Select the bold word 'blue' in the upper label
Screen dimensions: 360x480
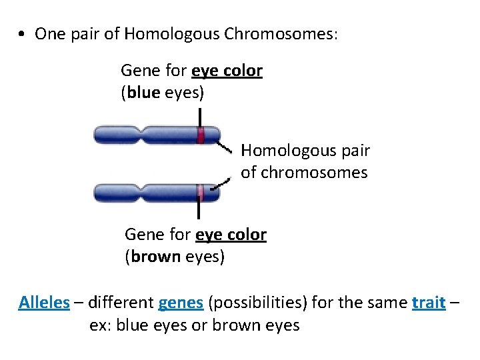143,93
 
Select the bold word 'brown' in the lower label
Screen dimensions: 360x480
156,257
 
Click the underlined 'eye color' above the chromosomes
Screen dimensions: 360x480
227,71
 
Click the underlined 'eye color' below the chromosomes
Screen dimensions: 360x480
231,235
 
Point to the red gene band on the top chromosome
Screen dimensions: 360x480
200,135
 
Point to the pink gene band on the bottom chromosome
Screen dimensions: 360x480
199,193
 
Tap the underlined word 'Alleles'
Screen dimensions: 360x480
44,303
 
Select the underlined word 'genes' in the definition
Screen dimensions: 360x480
181,303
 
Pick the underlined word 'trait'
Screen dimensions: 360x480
429,303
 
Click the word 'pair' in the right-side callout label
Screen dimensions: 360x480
353,151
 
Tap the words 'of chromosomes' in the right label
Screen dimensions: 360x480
304,173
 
